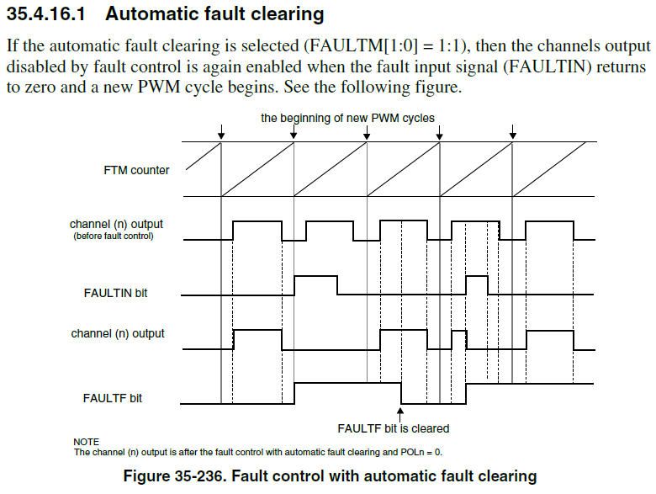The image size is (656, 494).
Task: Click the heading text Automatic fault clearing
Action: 214,14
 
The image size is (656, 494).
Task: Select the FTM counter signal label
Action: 130,170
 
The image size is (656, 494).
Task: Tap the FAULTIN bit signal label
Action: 121,293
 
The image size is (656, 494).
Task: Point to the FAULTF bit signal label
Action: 113,397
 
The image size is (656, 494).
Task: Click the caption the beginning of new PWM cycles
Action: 347,118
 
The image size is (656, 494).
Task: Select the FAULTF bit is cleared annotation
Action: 393,428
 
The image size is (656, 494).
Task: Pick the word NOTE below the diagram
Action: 86,442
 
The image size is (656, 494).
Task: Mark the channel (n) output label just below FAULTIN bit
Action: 117,334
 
